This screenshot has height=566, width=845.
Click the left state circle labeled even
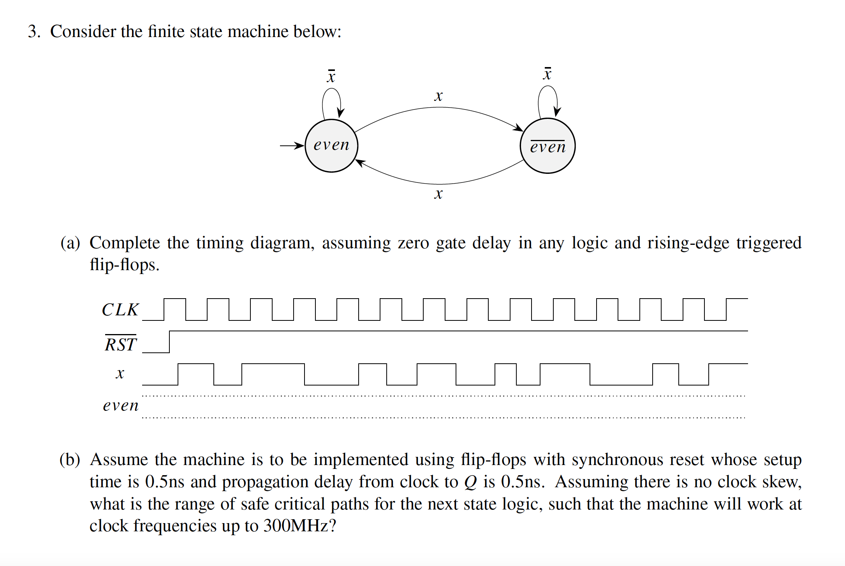click(x=331, y=145)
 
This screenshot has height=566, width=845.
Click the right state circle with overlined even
click(x=547, y=146)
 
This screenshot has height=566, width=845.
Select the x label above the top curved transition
click(x=438, y=96)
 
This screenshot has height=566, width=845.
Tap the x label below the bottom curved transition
click(x=438, y=194)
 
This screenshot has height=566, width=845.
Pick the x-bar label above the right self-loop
click(x=547, y=74)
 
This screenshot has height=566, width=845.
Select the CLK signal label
click(x=120, y=310)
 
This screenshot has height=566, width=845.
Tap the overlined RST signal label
click(x=121, y=344)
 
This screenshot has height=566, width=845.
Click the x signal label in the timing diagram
click(x=120, y=373)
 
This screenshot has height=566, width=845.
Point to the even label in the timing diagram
click(x=121, y=406)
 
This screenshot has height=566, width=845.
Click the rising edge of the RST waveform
click(x=169, y=342)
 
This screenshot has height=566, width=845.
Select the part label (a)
click(x=70, y=243)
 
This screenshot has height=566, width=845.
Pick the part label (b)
click(x=70, y=460)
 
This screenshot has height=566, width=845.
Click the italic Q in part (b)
click(x=471, y=483)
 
